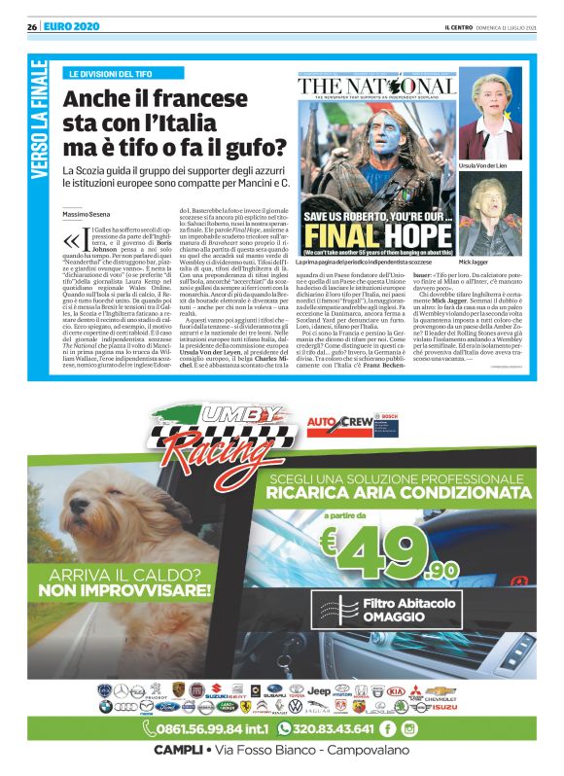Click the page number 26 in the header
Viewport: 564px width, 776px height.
(x=32, y=26)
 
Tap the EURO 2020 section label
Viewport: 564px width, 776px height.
(x=73, y=26)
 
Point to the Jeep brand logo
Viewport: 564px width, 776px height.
(x=319, y=689)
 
